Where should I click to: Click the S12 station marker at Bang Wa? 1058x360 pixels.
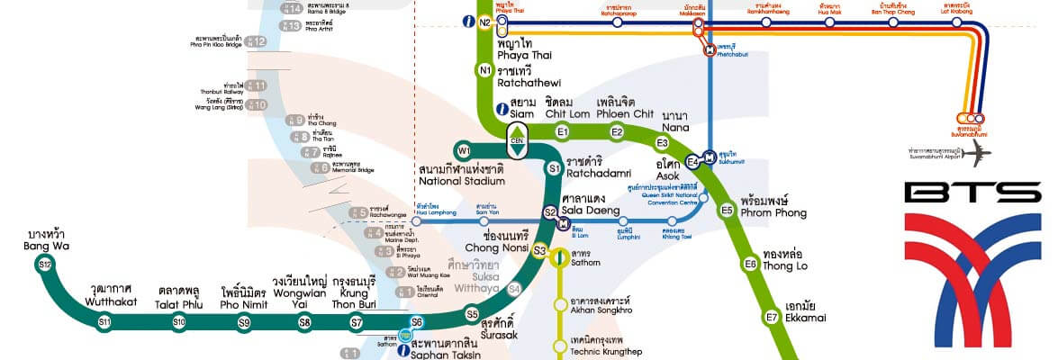pos(45,264)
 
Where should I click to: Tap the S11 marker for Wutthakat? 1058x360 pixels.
pos(104,321)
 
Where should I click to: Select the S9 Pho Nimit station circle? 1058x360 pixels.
pos(244,322)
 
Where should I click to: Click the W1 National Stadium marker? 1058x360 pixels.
pos(464,150)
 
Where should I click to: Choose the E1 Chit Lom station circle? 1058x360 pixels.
pos(563,133)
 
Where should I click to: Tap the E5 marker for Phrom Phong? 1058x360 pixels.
pos(728,211)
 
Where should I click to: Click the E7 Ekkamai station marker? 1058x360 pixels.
pos(772,317)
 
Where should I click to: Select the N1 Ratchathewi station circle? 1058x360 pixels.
pos(485,70)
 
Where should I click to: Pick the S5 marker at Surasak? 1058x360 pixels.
pos(472,313)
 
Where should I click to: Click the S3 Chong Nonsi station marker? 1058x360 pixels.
pos(539,251)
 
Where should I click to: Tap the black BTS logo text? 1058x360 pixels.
pos(972,193)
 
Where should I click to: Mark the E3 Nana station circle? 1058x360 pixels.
pos(663,143)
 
